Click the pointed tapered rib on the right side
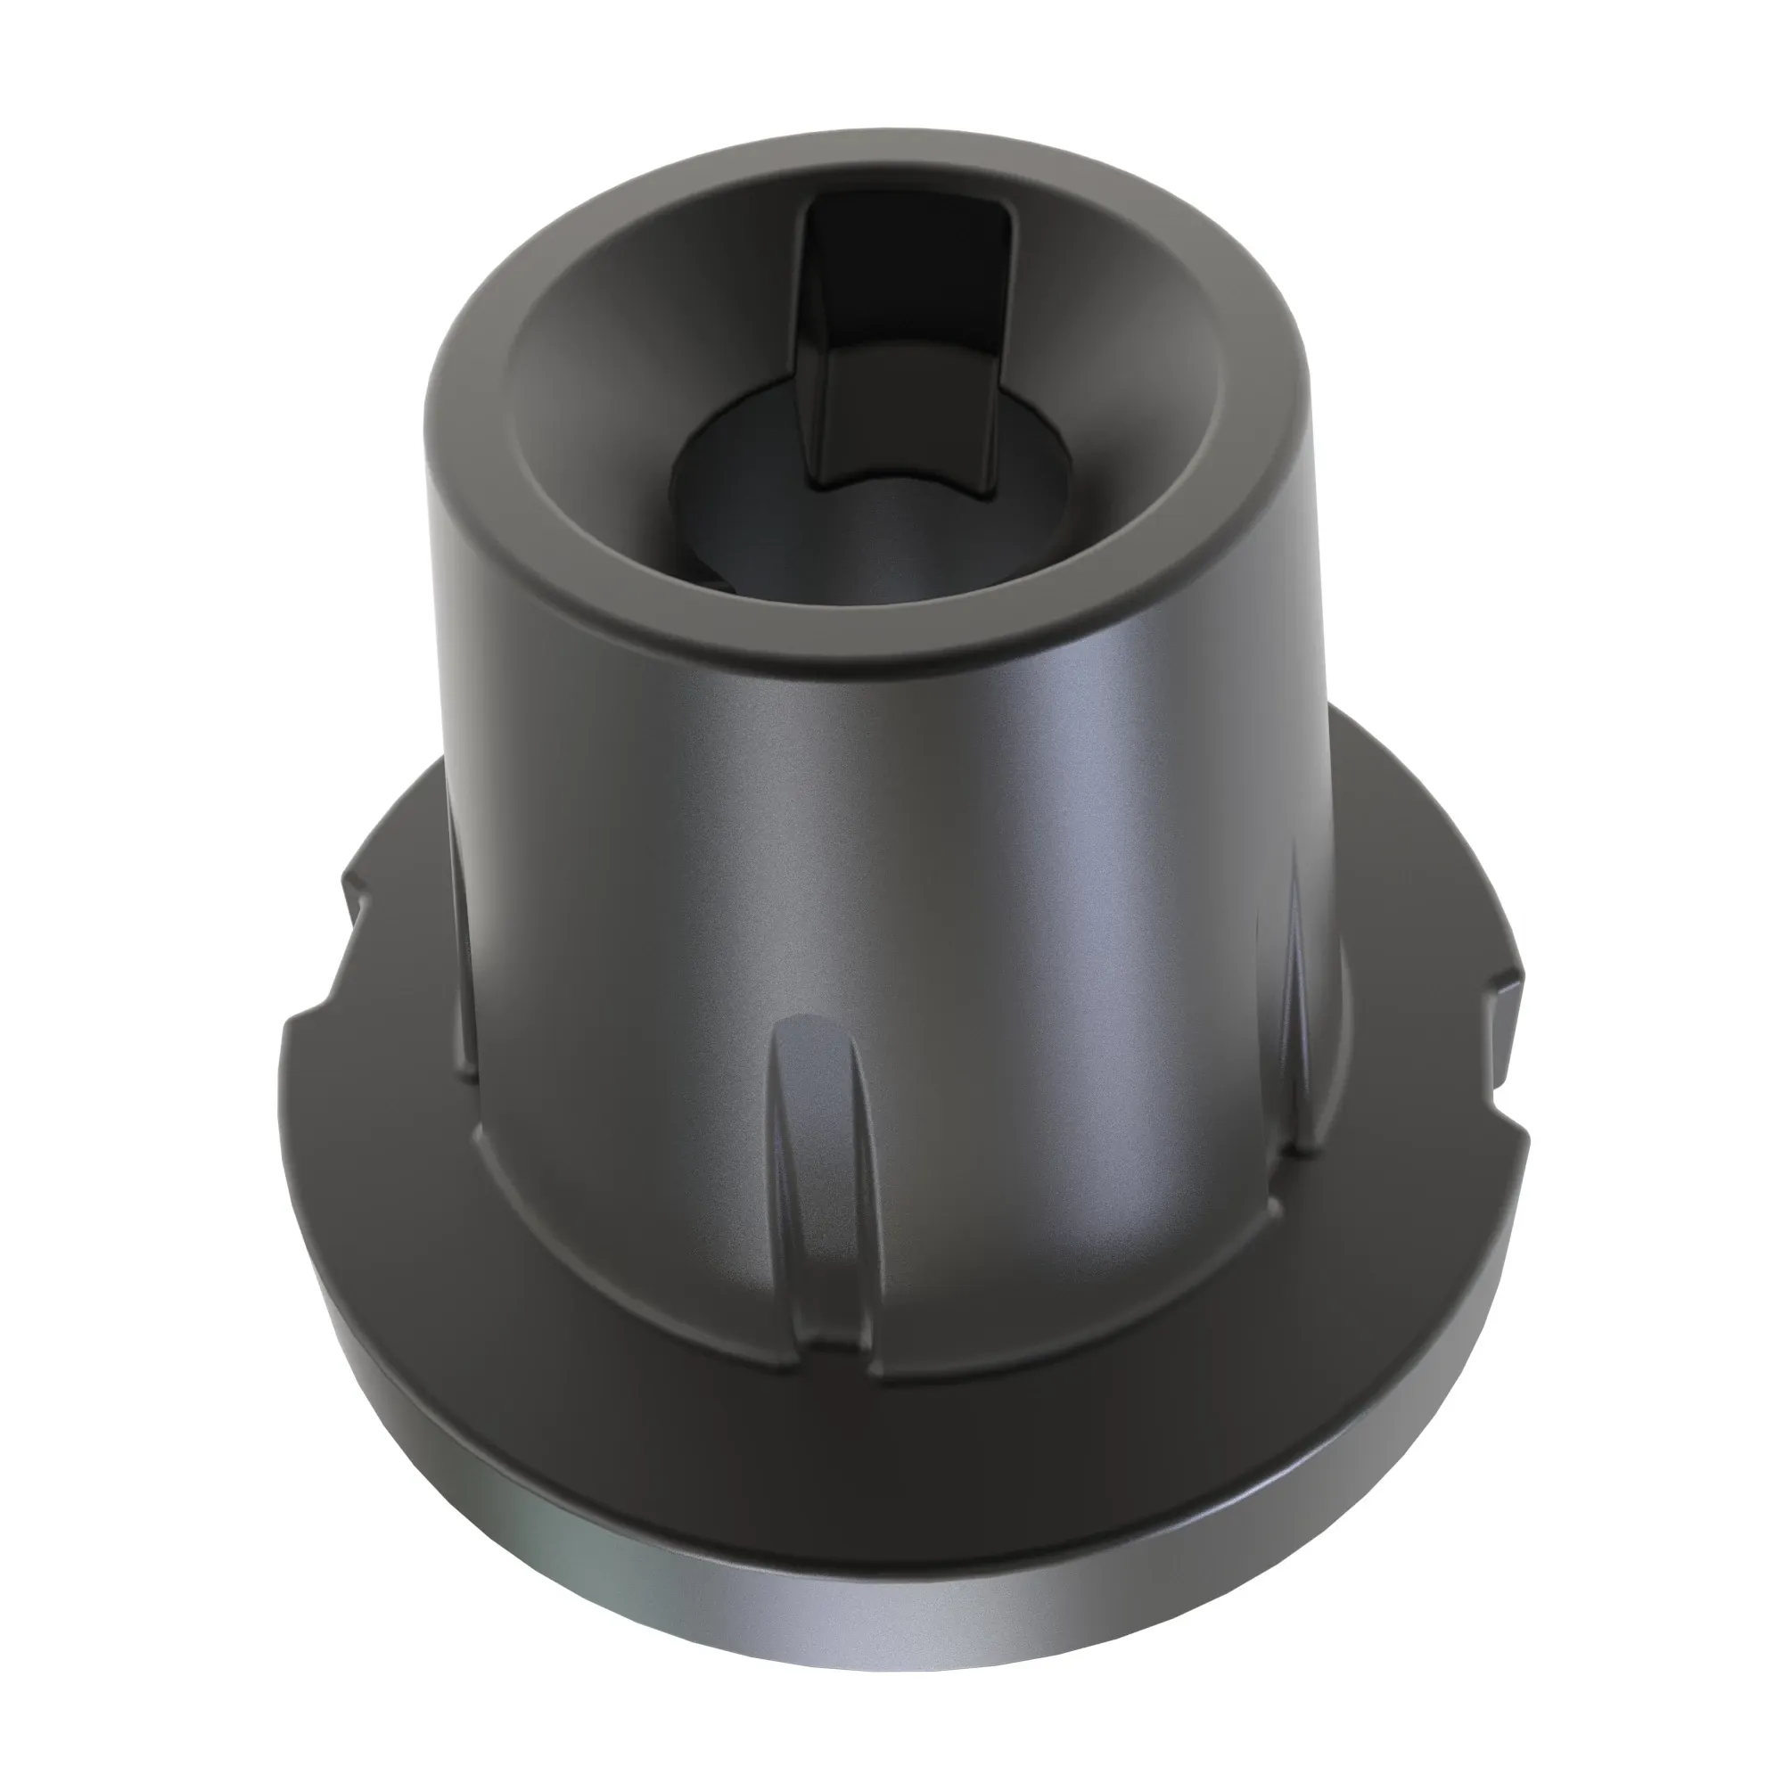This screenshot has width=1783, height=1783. [x=1292, y=997]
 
